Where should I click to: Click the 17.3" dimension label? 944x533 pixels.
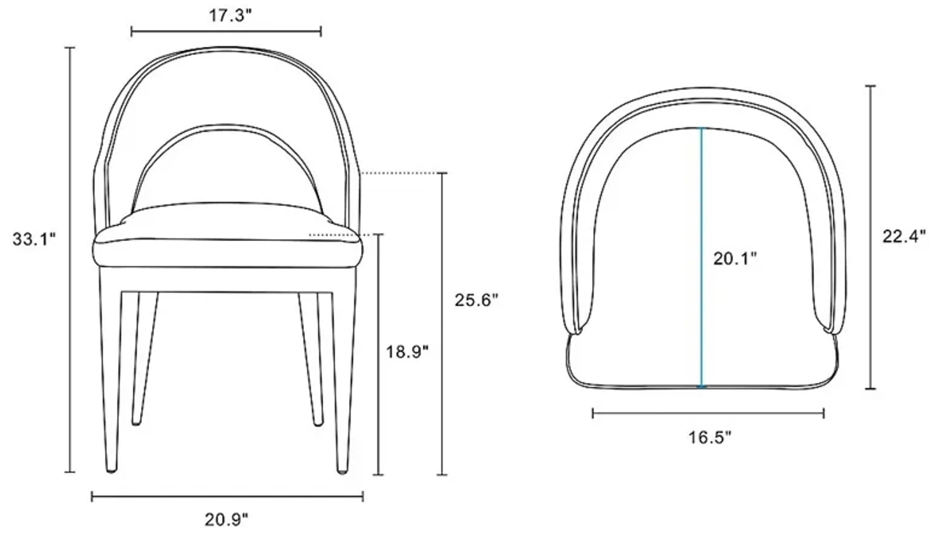231,16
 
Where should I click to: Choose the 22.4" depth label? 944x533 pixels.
904,237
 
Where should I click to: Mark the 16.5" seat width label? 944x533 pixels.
710,437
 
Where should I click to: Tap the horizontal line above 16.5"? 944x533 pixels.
708,414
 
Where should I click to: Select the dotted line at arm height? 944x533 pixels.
399,173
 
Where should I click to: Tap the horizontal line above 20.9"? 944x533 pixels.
227,497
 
